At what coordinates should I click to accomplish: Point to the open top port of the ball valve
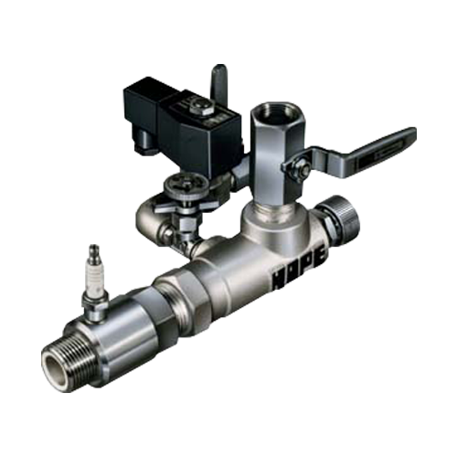click(x=272, y=115)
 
